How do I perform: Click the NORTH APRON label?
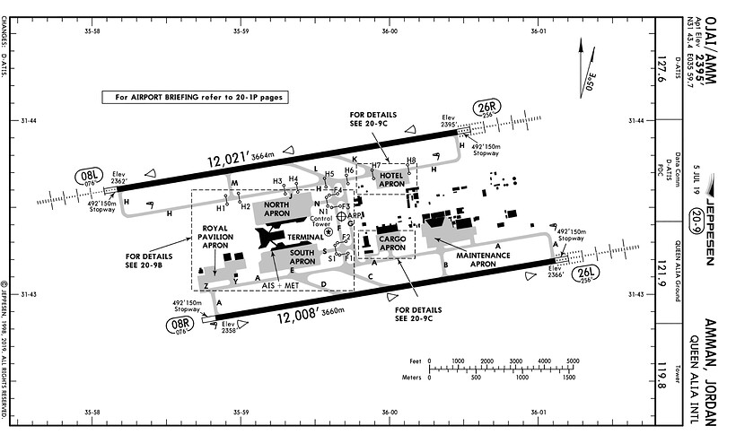(277, 210)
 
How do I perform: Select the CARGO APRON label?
(391, 244)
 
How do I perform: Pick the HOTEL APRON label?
(393, 178)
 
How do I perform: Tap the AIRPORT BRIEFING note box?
(194, 97)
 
